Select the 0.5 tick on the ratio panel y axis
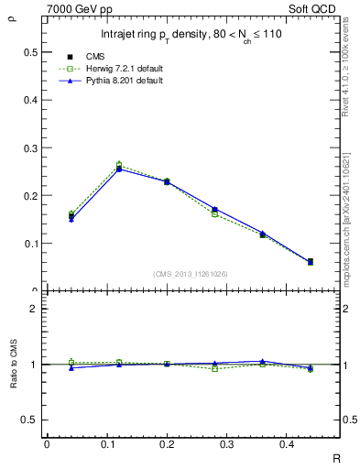(27, 420)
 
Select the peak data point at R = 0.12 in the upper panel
(119, 168)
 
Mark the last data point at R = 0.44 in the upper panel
(335, 262)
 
